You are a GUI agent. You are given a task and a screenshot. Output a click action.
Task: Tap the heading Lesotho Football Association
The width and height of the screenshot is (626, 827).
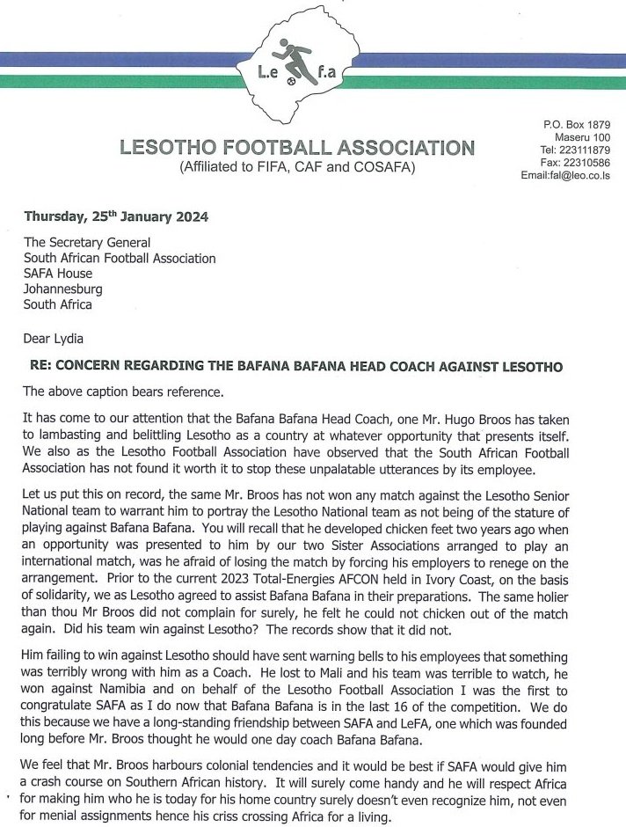coord(297,148)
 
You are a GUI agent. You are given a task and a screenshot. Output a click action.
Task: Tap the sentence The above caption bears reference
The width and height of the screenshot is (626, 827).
coord(129,392)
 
